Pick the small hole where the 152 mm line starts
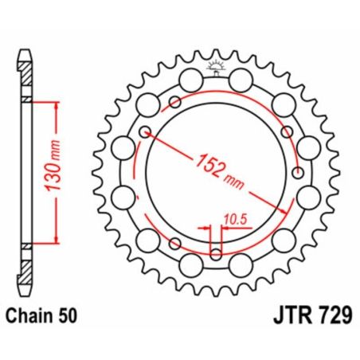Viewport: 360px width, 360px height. pyautogui.click(x=144, y=131)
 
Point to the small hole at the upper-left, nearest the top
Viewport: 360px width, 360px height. pyautogui.click(x=174, y=101)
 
